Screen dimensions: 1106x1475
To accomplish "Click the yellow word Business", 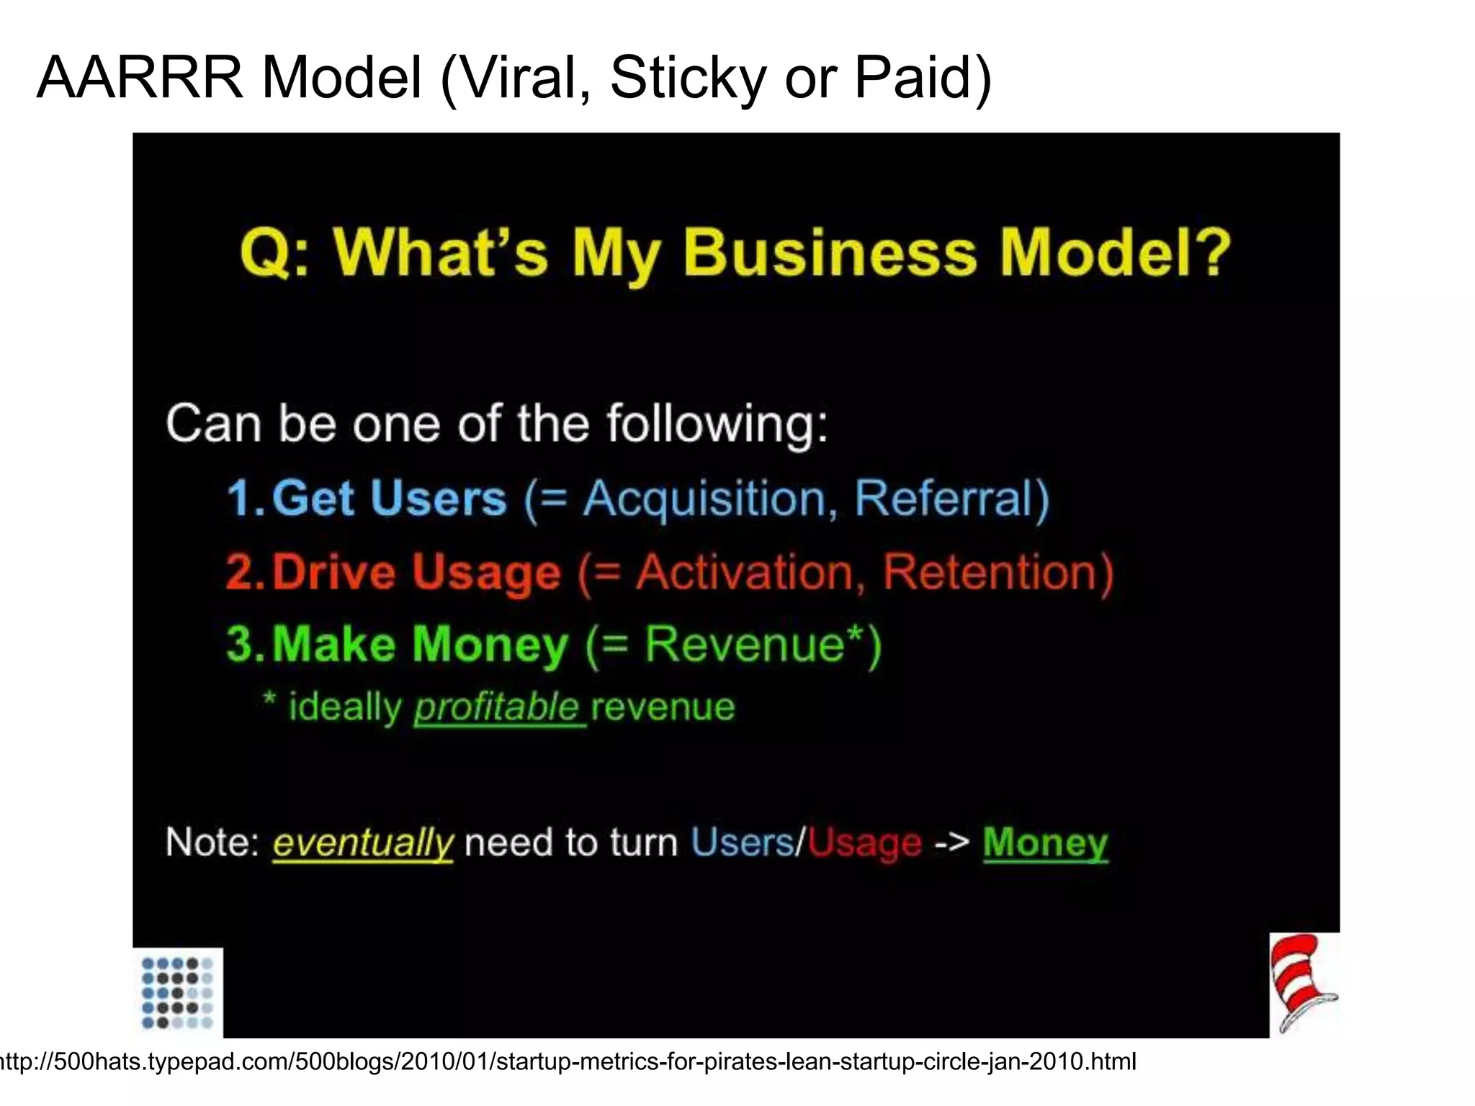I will pyautogui.click(x=829, y=253).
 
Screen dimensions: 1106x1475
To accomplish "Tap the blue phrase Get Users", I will pyautogui.click(x=389, y=498).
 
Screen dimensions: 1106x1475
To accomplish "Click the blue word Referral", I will pyautogui.click(x=943, y=498).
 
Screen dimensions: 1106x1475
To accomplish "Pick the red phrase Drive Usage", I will pyautogui.click(x=416, y=572).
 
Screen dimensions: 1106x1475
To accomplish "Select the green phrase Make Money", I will pyautogui.click(x=420, y=644).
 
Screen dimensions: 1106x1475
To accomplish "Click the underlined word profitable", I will pyautogui.click(x=497, y=707).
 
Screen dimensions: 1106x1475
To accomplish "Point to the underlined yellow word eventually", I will pyautogui.click(x=363, y=842).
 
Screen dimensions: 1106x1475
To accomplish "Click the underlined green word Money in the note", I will pyautogui.click(x=1045, y=842).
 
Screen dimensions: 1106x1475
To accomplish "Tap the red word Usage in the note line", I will pyautogui.click(x=864, y=842).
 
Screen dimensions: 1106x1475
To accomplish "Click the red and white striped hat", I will pyautogui.click(x=1302, y=982).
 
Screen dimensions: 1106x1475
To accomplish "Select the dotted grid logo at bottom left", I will pyautogui.click(x=177, y=992).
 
